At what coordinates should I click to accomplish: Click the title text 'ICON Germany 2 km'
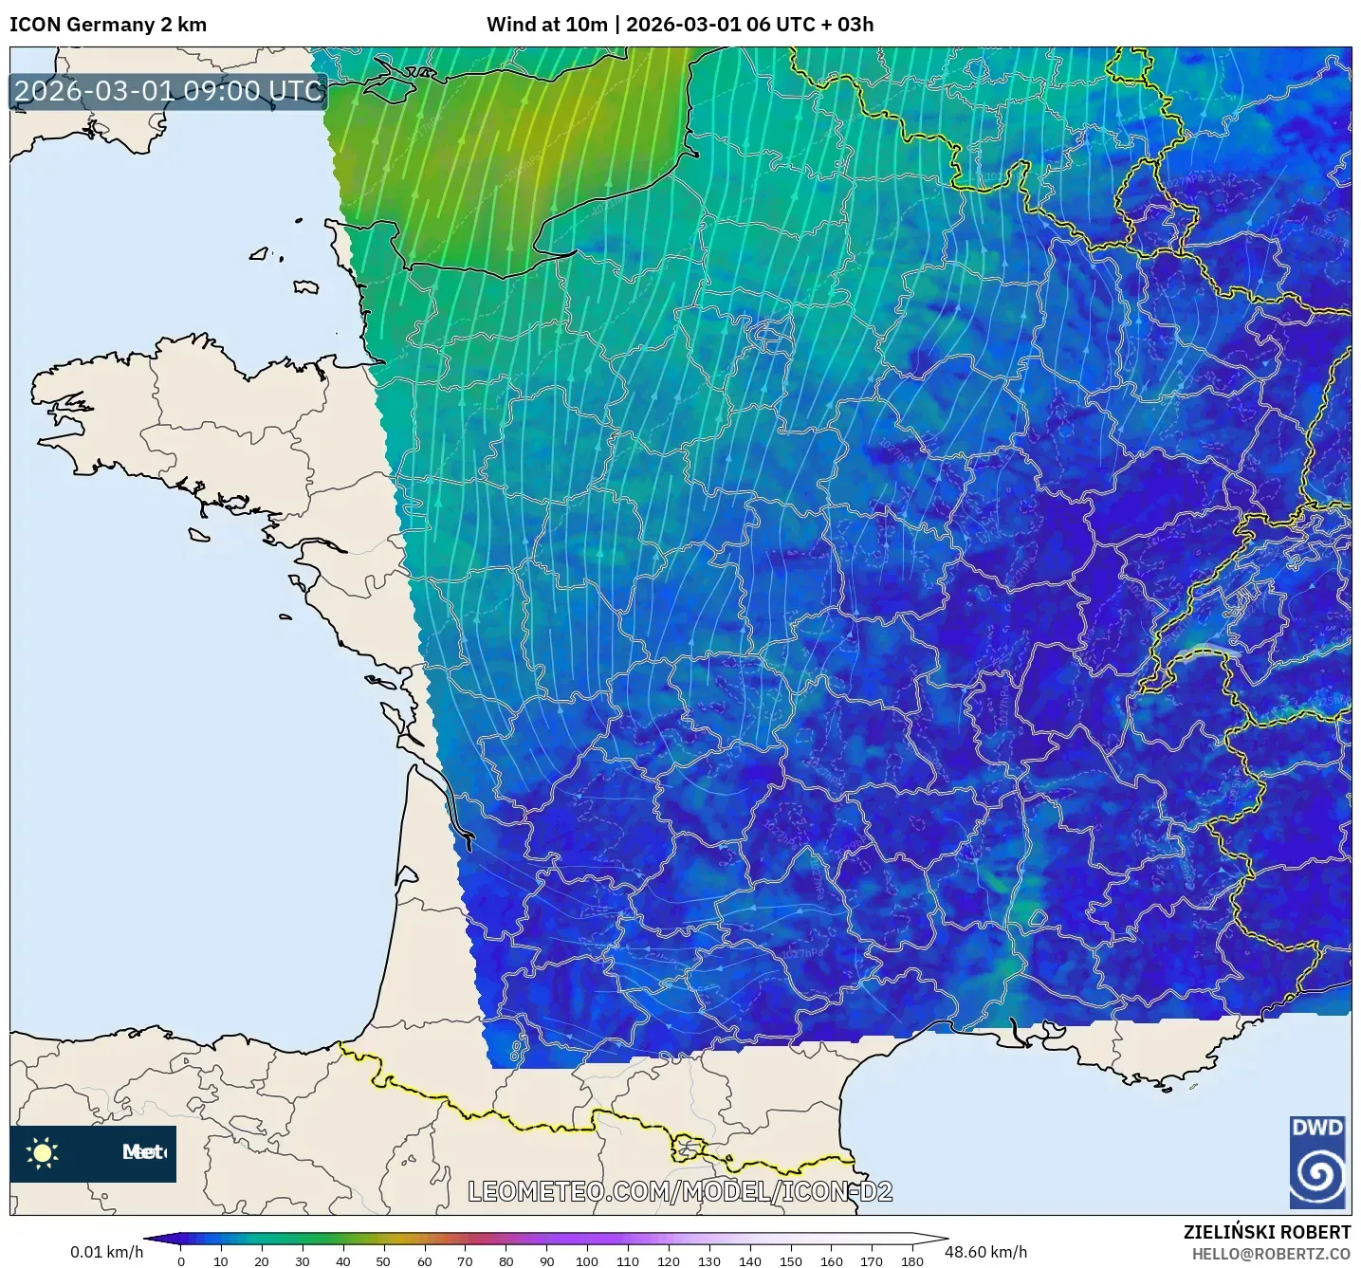pyautogui.click(x=108, y=25)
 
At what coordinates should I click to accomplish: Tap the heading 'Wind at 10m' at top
pyautogui.click(x=546, y=25)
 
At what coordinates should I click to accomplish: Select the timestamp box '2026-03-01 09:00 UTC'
pyautogui.click(x=169, y=91)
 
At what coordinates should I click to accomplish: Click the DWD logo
pyautogui.click(x=1317, y=1162)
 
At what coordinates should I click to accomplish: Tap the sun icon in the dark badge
pyautogui.click(x=43, y=1152)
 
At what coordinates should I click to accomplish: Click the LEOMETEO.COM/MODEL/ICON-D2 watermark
pyautogui.click(x=680, y=1191)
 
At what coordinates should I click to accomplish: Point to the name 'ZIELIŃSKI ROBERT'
pyautogui.click(x=1266, y=1232)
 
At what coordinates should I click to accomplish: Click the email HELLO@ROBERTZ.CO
pyautogui.click(x=1271, y=1254)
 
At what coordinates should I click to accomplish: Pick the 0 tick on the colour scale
pyautogui.click(x=181, y=1260)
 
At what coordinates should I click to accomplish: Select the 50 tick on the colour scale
pyautogui.click(x=383, y=1260)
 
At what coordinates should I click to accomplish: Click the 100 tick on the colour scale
pyautogui.click(x=587, y=1260)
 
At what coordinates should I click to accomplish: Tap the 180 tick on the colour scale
pyautogui.click(x=911, y=1260)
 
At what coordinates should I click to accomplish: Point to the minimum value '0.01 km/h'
pyautogui.click(x=106, y=1252)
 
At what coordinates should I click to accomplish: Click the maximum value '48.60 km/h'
pyautogui.click(x=985, y=1252)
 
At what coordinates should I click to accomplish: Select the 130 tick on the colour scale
pyautogui.click(x=708, y=1260)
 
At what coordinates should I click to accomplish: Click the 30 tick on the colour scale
pyautogui.click(x=303, y=1260)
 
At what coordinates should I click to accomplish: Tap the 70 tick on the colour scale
pyautogui.click(x=465, y=1260)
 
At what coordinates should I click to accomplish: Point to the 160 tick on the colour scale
pyautogui.click(x=831, y=1260)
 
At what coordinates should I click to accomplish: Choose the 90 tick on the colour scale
pyautogui.click(x=546, y=1260)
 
